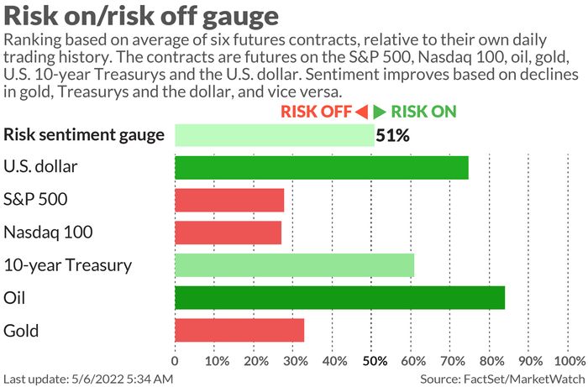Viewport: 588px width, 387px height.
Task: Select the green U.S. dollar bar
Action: point(321,167)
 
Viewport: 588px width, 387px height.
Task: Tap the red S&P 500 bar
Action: point(228,200)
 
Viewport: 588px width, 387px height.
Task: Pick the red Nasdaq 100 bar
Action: point(228,233)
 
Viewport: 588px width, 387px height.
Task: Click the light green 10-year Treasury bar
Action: point(294,265)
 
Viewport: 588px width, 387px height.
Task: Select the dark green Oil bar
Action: point(339,298)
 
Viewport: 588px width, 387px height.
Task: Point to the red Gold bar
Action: point(239,330)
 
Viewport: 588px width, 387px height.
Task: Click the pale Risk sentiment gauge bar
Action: point(274,134)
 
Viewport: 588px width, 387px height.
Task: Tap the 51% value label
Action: point(392,135)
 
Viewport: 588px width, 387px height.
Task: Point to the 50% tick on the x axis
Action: point(374,361)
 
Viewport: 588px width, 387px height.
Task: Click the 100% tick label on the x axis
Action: point(570,361)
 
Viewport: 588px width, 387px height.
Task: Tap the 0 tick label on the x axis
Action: point(175,361)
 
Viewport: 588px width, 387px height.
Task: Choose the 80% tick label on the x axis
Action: point(492,361)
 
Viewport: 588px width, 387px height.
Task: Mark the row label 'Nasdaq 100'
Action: point(48,233)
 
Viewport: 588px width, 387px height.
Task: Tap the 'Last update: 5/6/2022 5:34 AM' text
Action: point(87,379)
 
